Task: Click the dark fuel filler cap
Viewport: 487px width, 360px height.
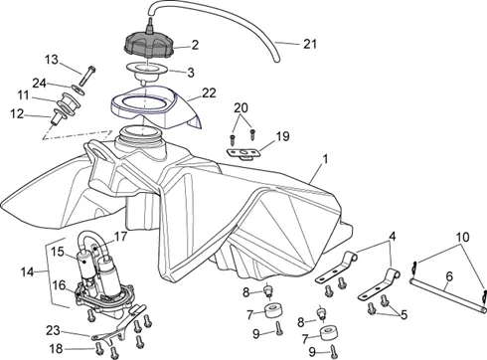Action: click(x=148, y=46)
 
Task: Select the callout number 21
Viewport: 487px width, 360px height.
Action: click(x=310, y=44)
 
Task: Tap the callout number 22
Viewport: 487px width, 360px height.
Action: click(x=209, y=93)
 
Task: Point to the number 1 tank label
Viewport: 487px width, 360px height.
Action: click(x=325, y=159)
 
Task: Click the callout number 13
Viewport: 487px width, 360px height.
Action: click(x=52, y=60)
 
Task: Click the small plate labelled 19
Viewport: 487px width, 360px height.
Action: click(x=243, y=153)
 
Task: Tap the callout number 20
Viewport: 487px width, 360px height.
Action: click(x=241, y=108)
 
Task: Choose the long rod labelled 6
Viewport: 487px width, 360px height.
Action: click(x=448, y=295)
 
